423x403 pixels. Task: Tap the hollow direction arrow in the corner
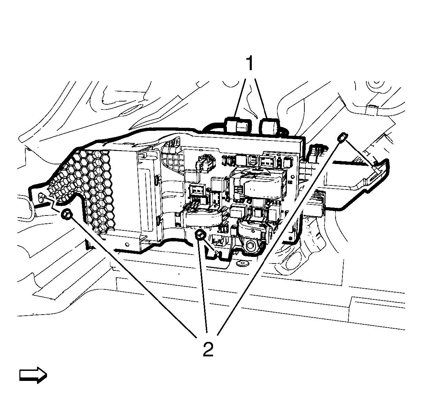33,376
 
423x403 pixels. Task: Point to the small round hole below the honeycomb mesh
127,244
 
